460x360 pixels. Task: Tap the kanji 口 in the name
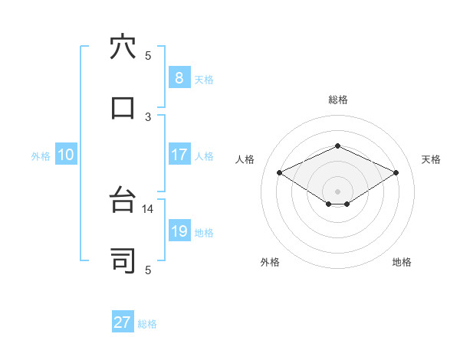point(123,107)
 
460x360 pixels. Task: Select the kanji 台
point(123,201)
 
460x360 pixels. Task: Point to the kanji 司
point(123,261)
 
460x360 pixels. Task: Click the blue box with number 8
point(179,77)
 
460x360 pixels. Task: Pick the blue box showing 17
point(179,155)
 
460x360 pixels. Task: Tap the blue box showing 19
point(179,231)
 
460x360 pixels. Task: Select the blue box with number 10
point(66,155)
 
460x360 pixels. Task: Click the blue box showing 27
point(123,322)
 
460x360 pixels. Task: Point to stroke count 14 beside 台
point(148,208)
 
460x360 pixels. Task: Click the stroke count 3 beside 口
point(148,116)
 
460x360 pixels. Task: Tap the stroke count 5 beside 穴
point(148,55)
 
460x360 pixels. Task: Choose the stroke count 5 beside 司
point(148,270)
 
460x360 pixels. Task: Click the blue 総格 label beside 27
point(147,324)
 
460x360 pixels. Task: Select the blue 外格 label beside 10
point(41,155)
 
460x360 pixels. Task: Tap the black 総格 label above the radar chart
point(337,100)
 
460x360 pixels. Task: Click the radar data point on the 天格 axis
point(396,172)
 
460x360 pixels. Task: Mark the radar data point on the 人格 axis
point(280,172)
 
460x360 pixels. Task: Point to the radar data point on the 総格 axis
point(337,146)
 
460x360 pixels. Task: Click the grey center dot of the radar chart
point(337,191)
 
